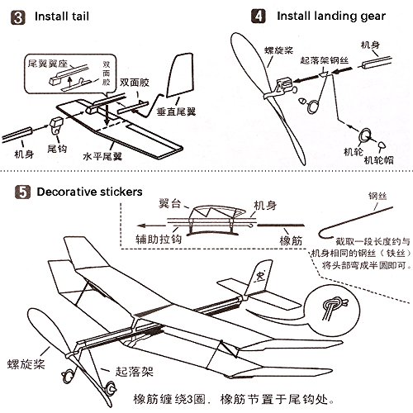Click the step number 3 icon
pos(15,14)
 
